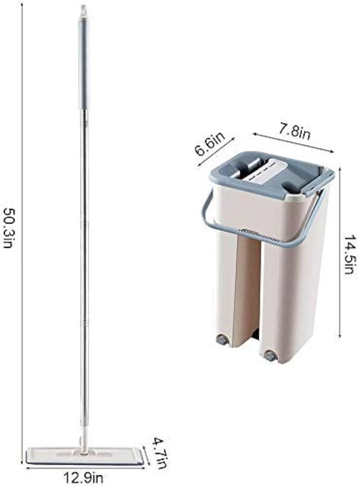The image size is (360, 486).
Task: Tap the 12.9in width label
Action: click(x=83, y=477)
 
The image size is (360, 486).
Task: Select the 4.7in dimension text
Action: click(x=161, y=452)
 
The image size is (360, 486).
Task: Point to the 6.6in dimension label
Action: click(x=210, y=145)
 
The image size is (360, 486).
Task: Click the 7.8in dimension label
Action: click(x=293, y=132)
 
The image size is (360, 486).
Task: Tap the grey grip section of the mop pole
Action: click(x=83, y=65)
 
